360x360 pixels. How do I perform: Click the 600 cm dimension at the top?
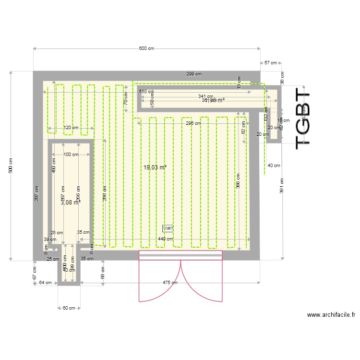pyautogui.click(x=147, y=48)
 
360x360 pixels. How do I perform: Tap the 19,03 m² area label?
pyautogui.click(x=155, y=168)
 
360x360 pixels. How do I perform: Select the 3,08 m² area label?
pyautogui.click(x=70, y=203)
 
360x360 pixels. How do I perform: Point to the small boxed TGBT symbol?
pyautogui.click(x=168, y=228)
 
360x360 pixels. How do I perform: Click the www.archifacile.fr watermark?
pyautogui.click(x=331, y=315)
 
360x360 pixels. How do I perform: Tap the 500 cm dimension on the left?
pyautogui.click(x=11, y=166)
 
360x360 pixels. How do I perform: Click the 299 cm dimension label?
pyautogui.click(x=194, y=74)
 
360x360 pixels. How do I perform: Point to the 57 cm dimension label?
pyautogui.click(x=271, y=63)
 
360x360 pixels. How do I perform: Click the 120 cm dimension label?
pyautogui.click(x=71, y=128)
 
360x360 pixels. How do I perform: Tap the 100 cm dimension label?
pyautogui.click(x=71, y=155)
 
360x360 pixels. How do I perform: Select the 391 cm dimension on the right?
pyautogui.click(x=282, y=186)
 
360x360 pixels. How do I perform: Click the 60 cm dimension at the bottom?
pyautogui.click(x=69, y=308)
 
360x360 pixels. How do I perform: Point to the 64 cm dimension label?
pyautogui.click(x=45, y=283)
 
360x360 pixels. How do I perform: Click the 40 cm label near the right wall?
pyautogui.click(x=274, y=166)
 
